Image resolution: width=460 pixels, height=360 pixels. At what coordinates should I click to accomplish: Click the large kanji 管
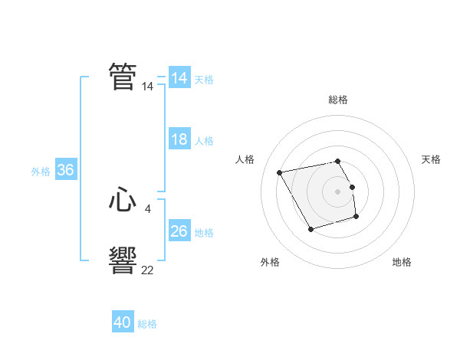pyautogui.click(x=123, y=77)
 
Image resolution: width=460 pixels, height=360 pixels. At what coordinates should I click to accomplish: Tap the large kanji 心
pyautogui.click(x=123, y=201)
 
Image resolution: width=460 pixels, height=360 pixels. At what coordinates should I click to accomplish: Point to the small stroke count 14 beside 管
pyautogui.click(x=147, y=87)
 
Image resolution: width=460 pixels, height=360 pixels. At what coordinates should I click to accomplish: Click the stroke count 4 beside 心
pyautogui.click(x=147, y=208)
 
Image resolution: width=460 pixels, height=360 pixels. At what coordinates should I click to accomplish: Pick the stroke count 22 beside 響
pyautogui.click(x=147, y=270)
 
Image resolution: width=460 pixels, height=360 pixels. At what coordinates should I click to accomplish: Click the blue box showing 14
pyautogui.click(x=179, y=78)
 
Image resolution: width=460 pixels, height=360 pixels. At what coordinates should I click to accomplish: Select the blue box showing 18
pyautogui.click(x=179, y=139)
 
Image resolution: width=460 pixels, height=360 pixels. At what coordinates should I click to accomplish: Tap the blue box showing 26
pyautogui.click(x=179, y=231)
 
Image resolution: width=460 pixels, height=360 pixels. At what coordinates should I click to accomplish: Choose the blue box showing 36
pyautogui.click(x=65, y=170)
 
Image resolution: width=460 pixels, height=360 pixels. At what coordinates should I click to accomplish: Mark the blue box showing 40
pyautogui.click(x=122, y=322)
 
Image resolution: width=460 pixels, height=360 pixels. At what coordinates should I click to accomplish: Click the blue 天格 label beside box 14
pyautogui.click(x=204, y=79)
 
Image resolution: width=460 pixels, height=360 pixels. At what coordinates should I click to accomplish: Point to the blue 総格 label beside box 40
pyautogui.click(x=147, y=324)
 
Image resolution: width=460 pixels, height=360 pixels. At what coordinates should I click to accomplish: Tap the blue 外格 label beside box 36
pyautogui.click(x=41, y=172)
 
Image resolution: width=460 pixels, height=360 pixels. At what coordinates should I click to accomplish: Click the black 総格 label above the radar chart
pyautogui.click(x=337, y=100)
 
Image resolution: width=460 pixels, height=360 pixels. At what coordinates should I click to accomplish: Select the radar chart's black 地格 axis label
pyautogui.click(x=402, y=262)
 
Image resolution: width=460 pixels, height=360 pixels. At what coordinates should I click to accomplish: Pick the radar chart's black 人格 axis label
pyautogui.click(x=245, y=159)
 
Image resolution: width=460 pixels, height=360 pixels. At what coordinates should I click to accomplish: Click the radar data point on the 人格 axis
pyautogui.click(x=280, y=172)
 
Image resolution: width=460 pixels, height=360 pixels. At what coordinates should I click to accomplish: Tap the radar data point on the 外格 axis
pyautogui.click(x=310, y=229)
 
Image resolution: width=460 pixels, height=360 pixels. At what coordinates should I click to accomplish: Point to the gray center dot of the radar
pyautogui.click(x=337, y=191)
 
